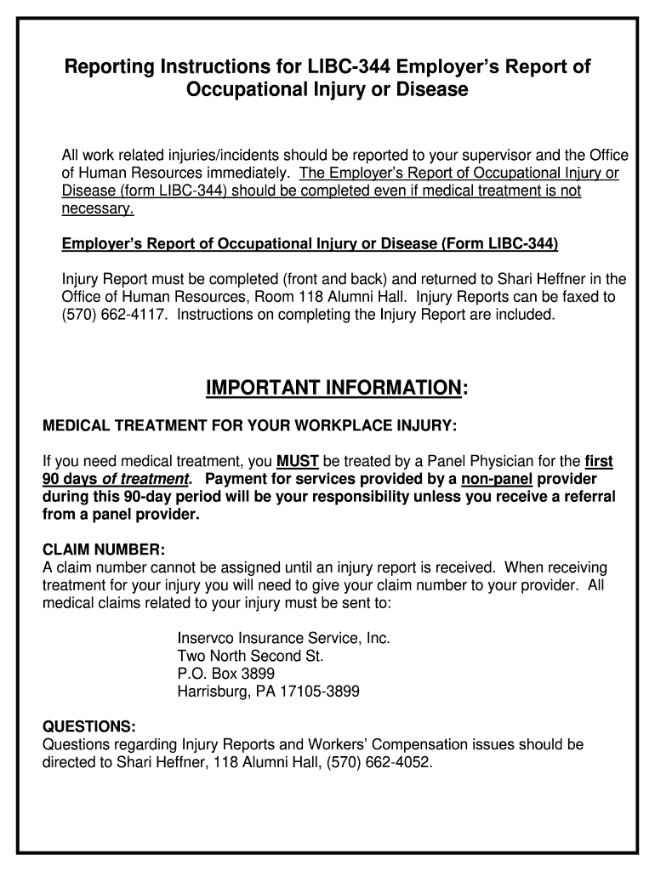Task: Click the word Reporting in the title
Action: point(114,66)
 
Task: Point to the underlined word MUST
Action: point(298,462)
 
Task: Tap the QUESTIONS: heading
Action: point(88,726)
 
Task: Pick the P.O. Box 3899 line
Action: point(225,674)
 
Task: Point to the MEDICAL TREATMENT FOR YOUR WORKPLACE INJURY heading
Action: point(249,424)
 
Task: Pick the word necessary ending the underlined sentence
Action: point(97,208)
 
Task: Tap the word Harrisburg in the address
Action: point(213,692)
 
